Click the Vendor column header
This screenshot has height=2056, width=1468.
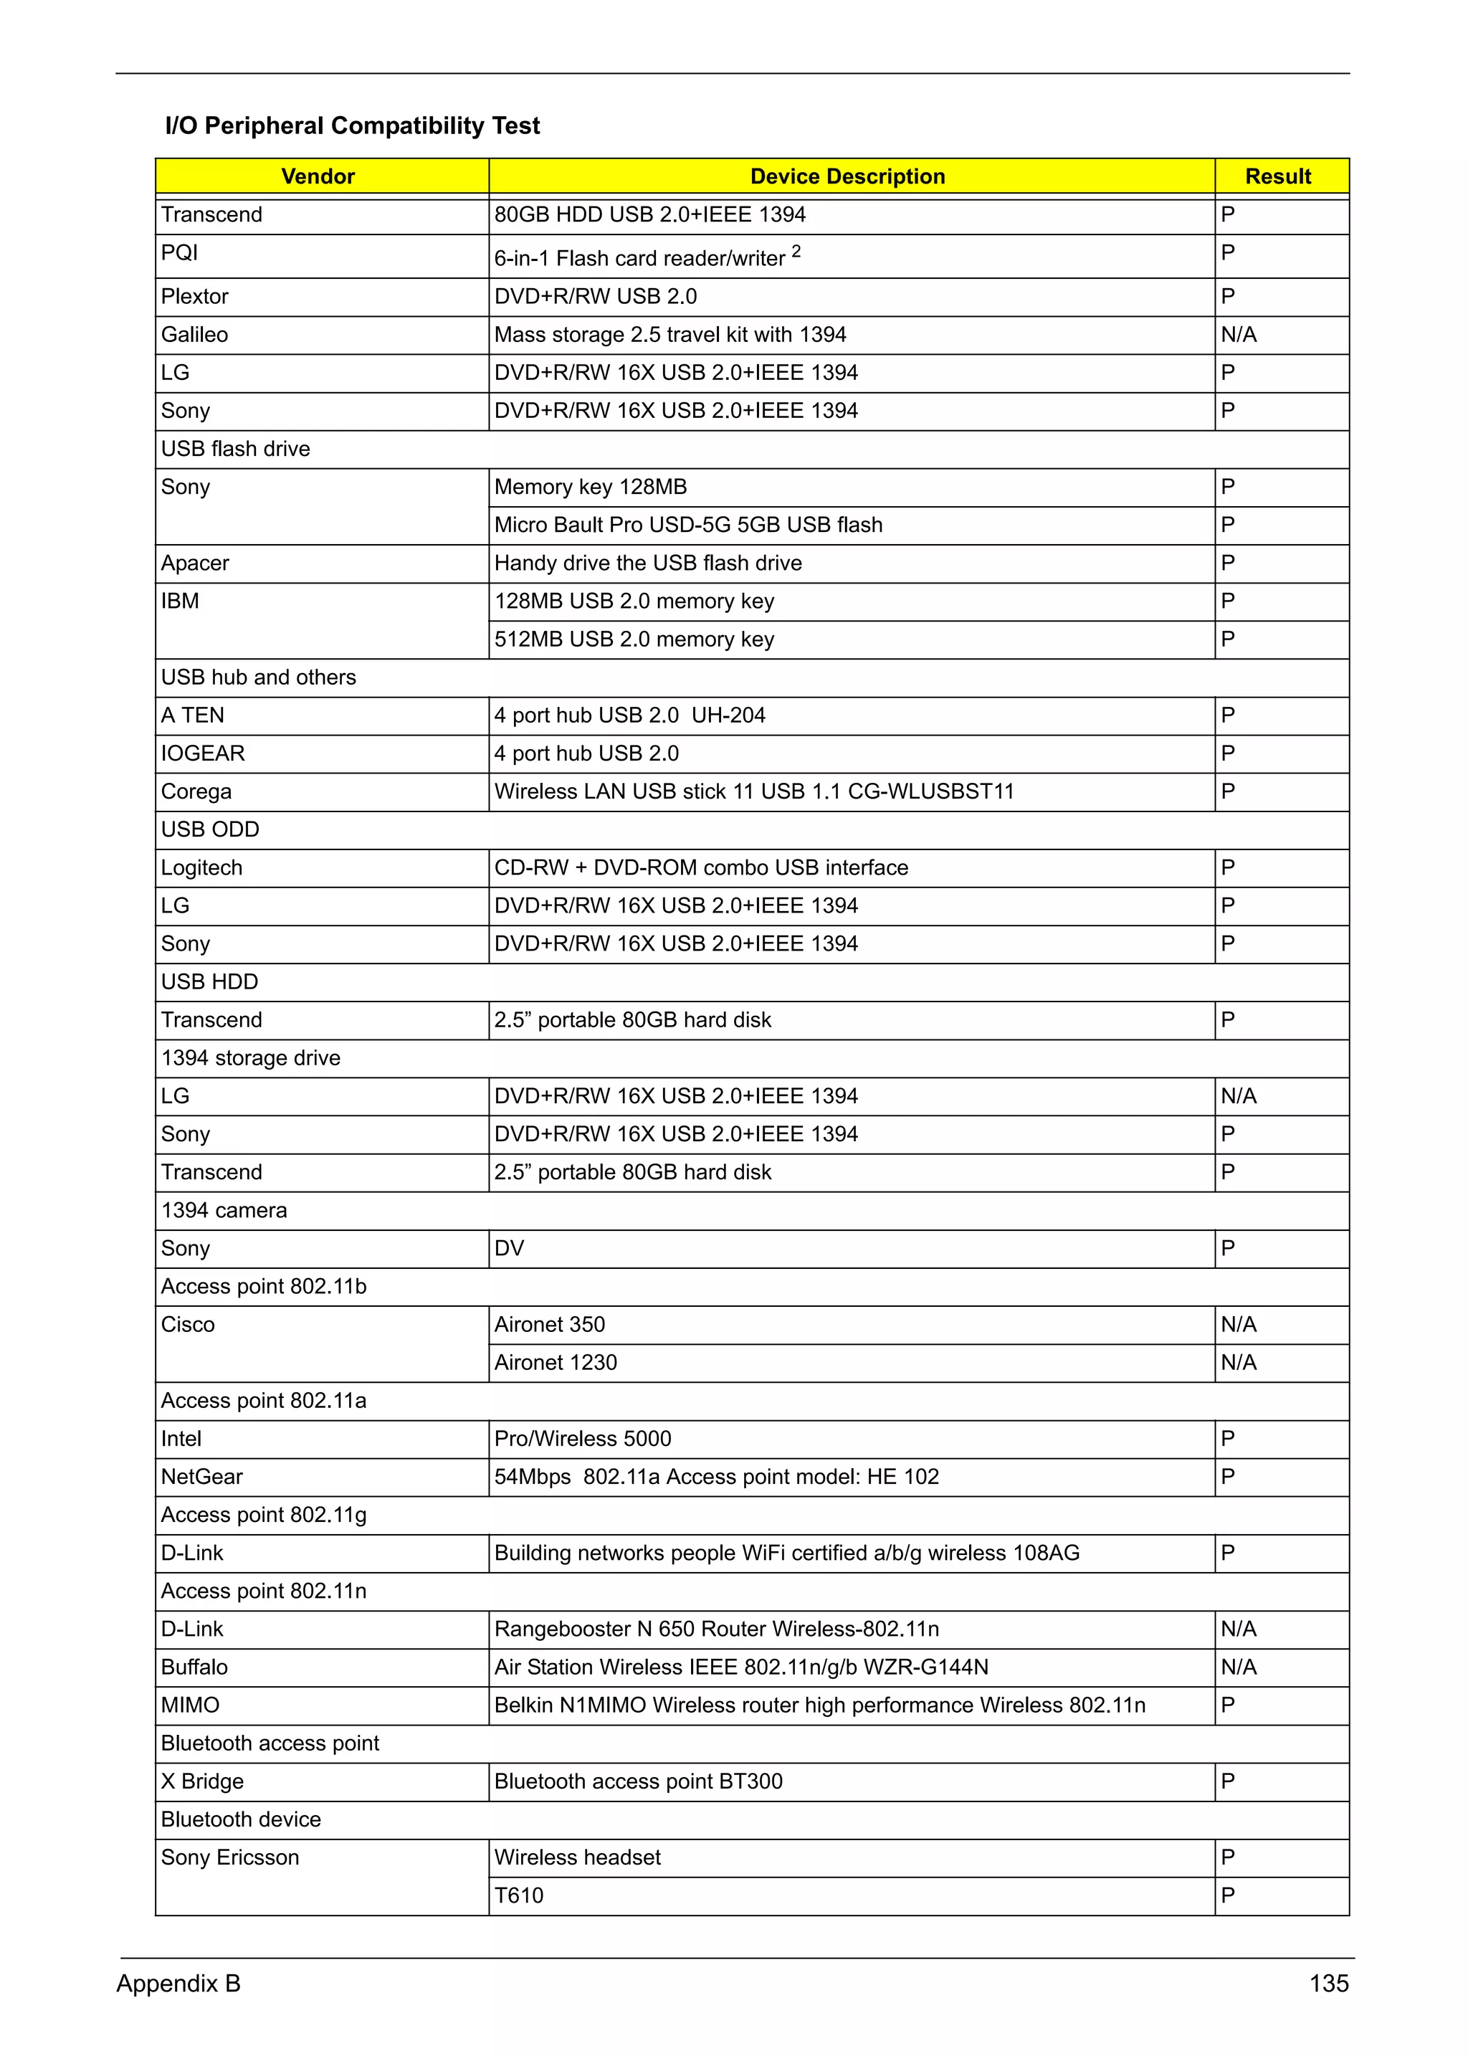(318, 176)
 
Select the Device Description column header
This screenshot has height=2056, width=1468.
(847, 176)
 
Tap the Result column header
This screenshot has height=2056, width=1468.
(1277, 176)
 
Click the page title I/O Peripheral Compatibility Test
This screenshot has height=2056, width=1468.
(352, 125)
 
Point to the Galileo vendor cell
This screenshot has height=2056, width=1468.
(194, 335)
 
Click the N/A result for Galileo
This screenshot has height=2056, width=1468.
(1239, 335)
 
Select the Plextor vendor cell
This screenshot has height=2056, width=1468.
(194, 297)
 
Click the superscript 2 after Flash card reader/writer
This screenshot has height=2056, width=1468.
(796, 250)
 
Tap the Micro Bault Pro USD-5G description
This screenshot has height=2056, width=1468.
(688, 525)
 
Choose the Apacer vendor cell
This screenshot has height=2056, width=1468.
(194, 563)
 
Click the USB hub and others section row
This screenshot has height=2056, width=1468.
(259, 677)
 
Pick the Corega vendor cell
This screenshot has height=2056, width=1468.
(196, 791)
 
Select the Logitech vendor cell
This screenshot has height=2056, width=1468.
(201, 868)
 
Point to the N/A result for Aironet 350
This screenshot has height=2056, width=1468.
(1239, 1325)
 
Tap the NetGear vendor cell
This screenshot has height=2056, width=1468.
(201, 1477)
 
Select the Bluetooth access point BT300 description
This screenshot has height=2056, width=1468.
(638, 1781)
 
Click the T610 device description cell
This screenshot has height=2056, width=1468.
(519, 1895)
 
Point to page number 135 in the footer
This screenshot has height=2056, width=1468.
(1328, 1984)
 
